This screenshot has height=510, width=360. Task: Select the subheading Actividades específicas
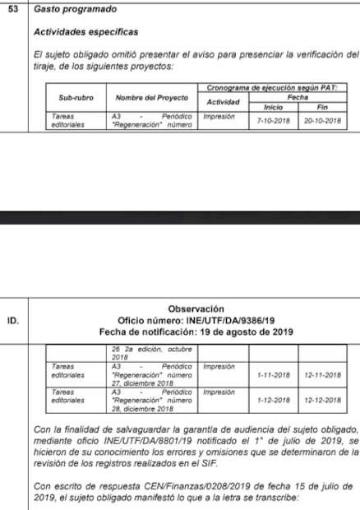click(x=85, y=31)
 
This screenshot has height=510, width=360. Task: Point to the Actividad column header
click(x=222, y=102)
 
